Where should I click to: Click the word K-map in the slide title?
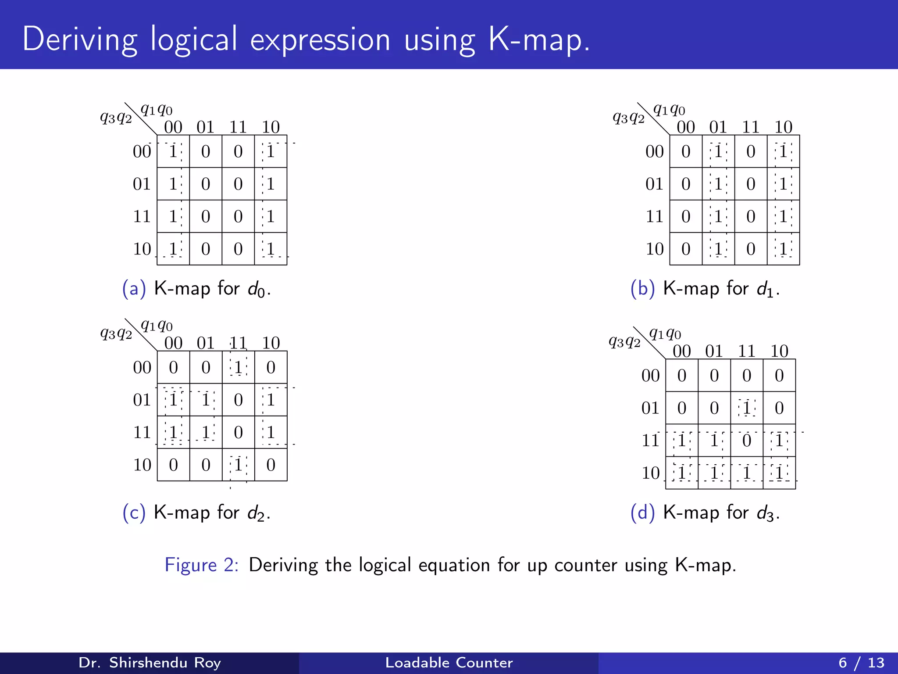[x=539, y=39]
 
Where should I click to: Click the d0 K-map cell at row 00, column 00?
[x=173, y=151]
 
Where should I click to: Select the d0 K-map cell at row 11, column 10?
[x=271, y=216]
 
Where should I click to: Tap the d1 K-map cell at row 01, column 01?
[x=718, y=184]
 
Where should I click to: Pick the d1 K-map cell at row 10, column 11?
[x=751, y=249]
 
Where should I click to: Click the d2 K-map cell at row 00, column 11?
[x=238, y=367]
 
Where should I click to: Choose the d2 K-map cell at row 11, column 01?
[x=206, y=432]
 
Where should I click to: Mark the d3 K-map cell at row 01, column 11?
[x=747, y=408]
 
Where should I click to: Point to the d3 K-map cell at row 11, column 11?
[x=747, y=441]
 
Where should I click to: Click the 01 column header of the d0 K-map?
[x=205, y=127]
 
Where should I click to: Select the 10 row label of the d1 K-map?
[x=654, y=249]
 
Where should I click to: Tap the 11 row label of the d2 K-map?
[x=142, y=432]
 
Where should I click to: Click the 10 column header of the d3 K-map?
[x=779, y=351]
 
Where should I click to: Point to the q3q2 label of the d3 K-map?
[x=624, y=341]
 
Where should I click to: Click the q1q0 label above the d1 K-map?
[x=669, y=109]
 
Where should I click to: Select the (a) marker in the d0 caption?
[x=134, y=289]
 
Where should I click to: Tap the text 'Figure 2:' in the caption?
[x=201, y=565]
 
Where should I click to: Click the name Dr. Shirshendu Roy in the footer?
[x=150, y=663]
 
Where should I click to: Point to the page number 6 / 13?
[x=861, y=663]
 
